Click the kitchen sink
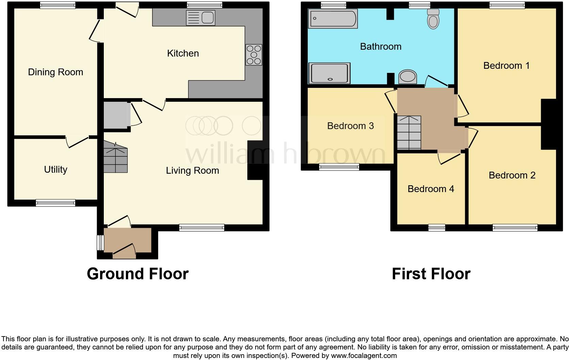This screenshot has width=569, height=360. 200,18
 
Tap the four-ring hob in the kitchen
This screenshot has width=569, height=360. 254,54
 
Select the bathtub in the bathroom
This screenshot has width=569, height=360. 332,18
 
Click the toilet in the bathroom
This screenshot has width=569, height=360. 433,19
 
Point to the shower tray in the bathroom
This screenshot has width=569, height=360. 329,73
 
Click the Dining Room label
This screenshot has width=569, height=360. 55,72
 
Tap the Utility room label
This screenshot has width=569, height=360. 55,170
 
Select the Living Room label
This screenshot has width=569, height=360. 192,171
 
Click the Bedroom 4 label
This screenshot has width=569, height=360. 430,189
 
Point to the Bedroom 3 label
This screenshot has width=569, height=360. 350,126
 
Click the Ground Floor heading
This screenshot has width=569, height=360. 137,274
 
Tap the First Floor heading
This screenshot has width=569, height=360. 431,274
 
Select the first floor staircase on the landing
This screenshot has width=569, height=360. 409,132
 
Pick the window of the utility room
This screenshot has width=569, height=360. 55,203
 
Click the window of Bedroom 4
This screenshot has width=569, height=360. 437,228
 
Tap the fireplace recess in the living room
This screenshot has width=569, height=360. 255,160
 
